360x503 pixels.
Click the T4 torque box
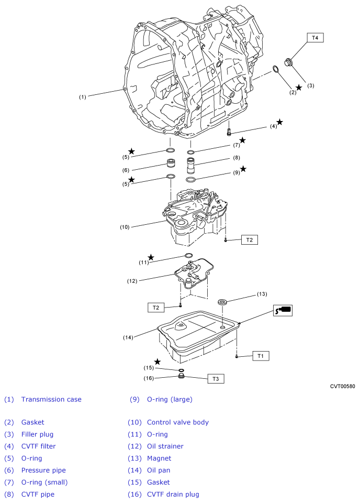pyautogui.click(x=315, y=38)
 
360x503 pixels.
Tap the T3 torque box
pyautogui.click(x=216, y=379)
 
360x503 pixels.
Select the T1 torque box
pyautogui.click(x=261, y=356)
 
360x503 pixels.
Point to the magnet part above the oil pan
pyautogui.click(x=222, y=302)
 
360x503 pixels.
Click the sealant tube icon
pyautogui.click(x=283, y=310)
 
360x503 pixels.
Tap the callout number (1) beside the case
pyautogui.click(x=83, y=97)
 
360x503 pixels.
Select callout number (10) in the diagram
pyautogui.click(x=125, y=227)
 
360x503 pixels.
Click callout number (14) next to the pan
pyautogui.click(x=128, y=337)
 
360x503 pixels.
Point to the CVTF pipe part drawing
pyautogui.click(x=191, y=165)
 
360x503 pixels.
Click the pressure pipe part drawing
pyautogui.click(x=171, y=163)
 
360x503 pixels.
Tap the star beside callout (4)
pyautogui.click(x=280, y=122)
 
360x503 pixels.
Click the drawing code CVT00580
pyautogui.click(x=342, y=386)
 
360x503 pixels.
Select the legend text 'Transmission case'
pyautogui.click(x=51, y=399)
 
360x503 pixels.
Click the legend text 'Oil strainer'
pyautogui.click(x=165, y=446)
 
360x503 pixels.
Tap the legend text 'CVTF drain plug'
pyautogui.click(x=173, y=494)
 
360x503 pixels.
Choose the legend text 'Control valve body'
pyautogui.click(x=178, y=422)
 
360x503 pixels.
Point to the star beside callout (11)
pyautogui.click(x=151, y=257)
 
